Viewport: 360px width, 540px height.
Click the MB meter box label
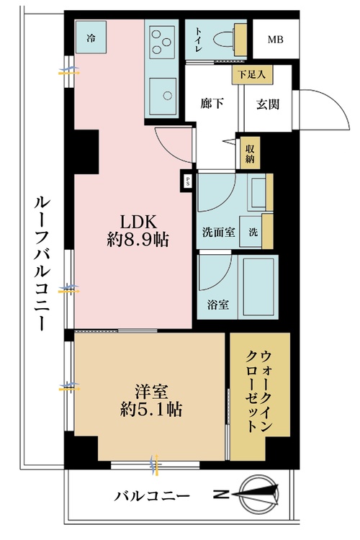click(x=276, y=40)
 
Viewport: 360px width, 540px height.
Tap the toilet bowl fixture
click(x=224, y=40)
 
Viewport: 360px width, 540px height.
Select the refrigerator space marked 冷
click(x=91, y=37)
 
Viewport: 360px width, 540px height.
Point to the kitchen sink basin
click(x=163, y=95)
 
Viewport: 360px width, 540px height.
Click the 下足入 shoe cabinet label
click(x=252, y=74)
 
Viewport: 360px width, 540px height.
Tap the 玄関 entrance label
click(x=268, y=104)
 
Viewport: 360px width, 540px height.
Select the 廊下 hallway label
click(x=212, y=103)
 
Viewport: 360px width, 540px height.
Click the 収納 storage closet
click(x=250, y=153)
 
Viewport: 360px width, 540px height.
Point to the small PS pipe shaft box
click(x=188, y=181)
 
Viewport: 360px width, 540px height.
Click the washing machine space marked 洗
click(x=251, y=232)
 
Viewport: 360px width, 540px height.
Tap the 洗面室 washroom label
click(x=218, y=233)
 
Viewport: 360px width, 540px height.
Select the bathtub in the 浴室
click(x=258, y=287)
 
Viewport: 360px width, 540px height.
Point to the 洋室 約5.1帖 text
click(x=151, y=400)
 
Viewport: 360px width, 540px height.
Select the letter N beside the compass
click(x=221, y=495)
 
